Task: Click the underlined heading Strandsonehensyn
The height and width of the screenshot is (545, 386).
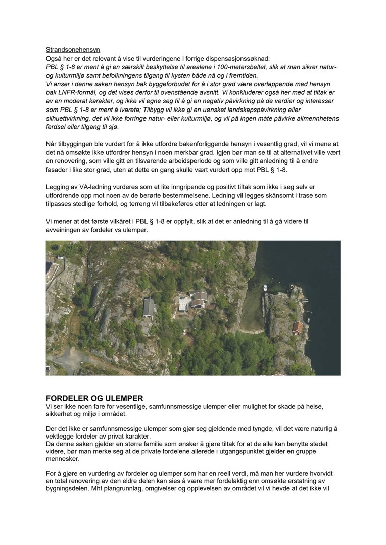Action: pyautogui.click(x=73, y=50)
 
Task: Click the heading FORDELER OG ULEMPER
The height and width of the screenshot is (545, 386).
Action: pyautogui.click(x=94, y=398)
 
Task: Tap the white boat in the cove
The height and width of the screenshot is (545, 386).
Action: pyautogui.click(x=266, y=288)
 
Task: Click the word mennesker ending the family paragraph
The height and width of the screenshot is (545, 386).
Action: pyautogui.click(x=64, y=459)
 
